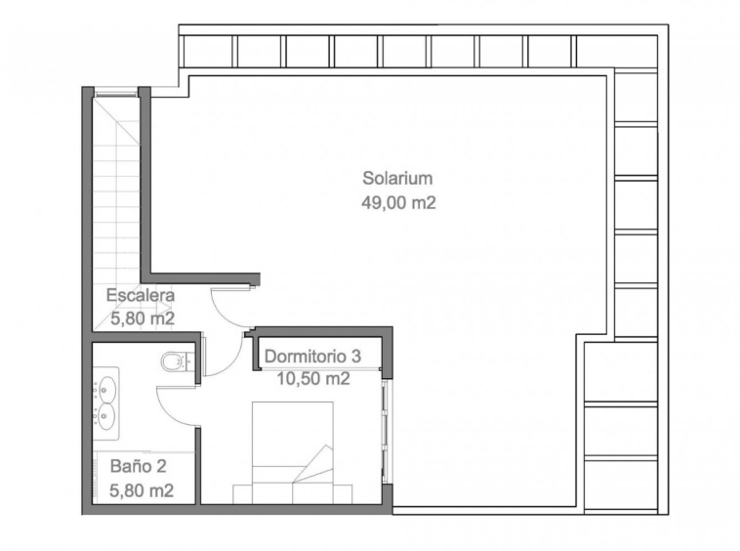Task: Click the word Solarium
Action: pos(397,179)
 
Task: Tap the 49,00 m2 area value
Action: pos(398,203)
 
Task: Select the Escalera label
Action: pos(141,295)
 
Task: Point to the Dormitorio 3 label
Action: pos(313,356)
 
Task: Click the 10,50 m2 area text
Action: pos(313,378)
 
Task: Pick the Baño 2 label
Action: pos(139,466)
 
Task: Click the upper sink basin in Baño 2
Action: pos(107,390)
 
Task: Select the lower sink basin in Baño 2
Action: pos(107,416)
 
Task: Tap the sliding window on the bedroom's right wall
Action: pos(387,432)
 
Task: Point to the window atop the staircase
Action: pos(115,92)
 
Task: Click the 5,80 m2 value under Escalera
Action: pos(143,318)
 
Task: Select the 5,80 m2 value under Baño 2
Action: pos(142,490)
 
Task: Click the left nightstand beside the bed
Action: pos(242,494)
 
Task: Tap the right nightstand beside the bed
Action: pos(343,494)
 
